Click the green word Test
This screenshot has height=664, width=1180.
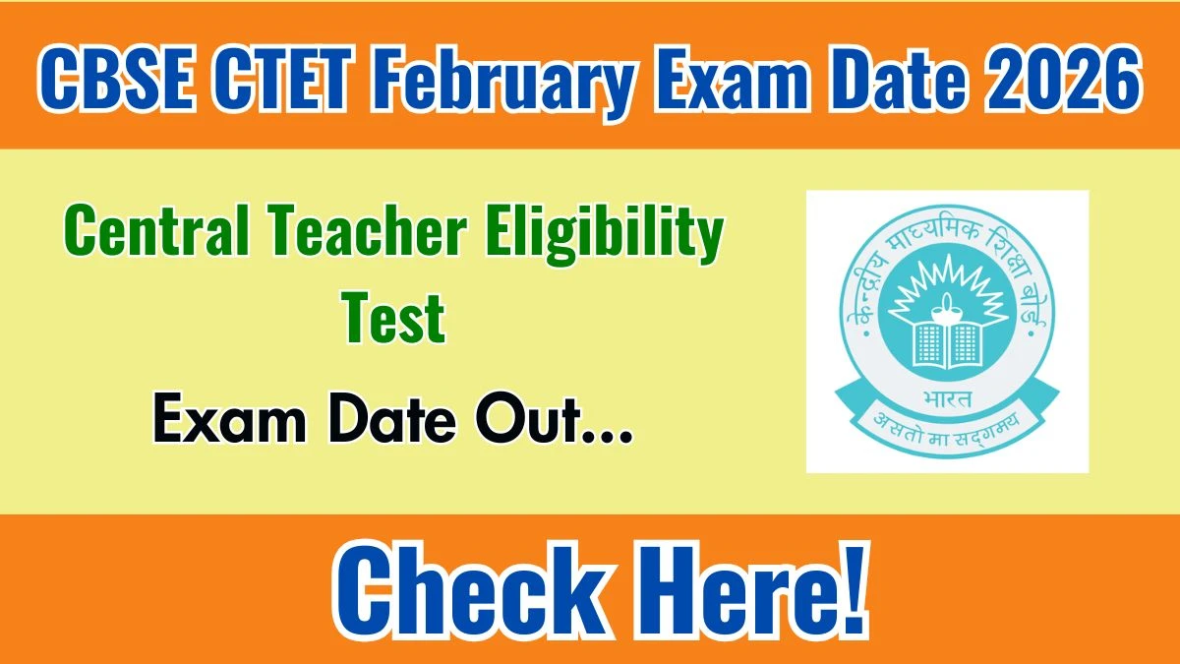[x=394, y=318]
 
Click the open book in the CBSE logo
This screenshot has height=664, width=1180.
[x=948, y=342]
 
